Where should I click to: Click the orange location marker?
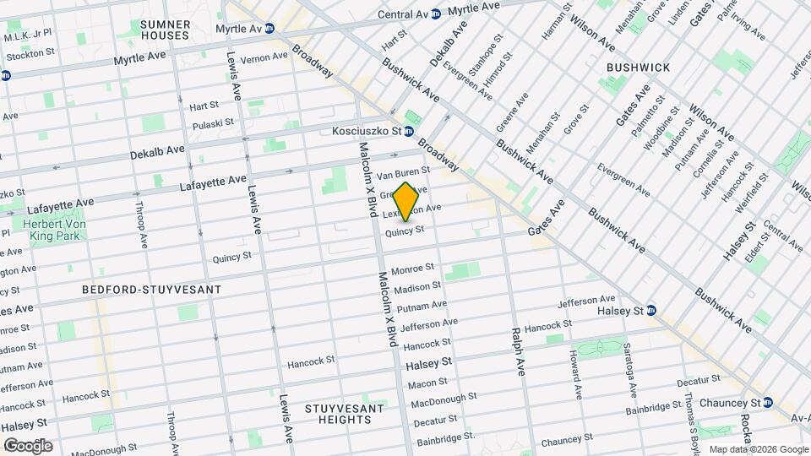click(405, 202)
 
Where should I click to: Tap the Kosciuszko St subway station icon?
click(408, 131)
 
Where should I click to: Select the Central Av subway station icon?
click(435, 14)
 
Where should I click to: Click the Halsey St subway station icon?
click(651, 310)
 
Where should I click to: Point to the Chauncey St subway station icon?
click(767, 402)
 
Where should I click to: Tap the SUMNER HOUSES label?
click(165, 30)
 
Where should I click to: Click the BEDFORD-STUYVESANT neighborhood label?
click(151, 290)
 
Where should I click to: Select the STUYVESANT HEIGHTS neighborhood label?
click(344, 415)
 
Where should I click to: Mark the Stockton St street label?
click(31, 52)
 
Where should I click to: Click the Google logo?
click(27, 446)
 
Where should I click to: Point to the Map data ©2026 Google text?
click(757, 449)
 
